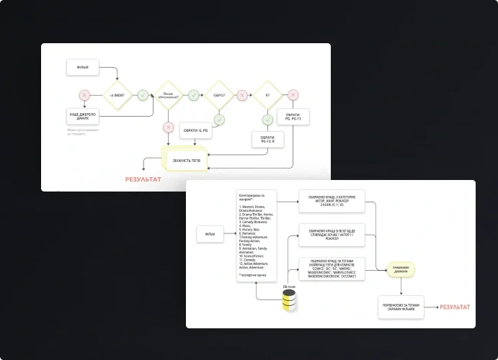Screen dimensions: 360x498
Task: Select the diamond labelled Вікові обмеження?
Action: (168, 95)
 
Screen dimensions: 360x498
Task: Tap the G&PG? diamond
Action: (218, 95)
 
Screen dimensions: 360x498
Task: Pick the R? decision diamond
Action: (267, 95)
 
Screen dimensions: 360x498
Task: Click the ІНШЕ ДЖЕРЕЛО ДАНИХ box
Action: (83, 116)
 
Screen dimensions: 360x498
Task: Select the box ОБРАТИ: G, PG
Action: (194, 130)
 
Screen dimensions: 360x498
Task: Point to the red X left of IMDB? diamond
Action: (84, 95)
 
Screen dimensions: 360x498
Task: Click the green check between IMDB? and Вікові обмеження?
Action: (143, 95)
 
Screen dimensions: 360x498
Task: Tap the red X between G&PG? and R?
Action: (243, 95)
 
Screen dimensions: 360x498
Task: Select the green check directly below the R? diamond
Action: (268, 119)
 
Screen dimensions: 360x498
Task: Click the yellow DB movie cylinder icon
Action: (288, 303)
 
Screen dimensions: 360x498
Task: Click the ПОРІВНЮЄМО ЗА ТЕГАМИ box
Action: (401, 307)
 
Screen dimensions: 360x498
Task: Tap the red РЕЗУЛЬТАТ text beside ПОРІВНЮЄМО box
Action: (454, 307)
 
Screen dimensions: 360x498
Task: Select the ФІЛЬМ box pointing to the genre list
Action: (210, 234)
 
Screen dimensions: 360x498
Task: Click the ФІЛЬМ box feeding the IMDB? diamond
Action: (83, 68)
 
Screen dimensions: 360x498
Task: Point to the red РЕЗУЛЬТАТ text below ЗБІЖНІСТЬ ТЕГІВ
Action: (143, 179)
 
